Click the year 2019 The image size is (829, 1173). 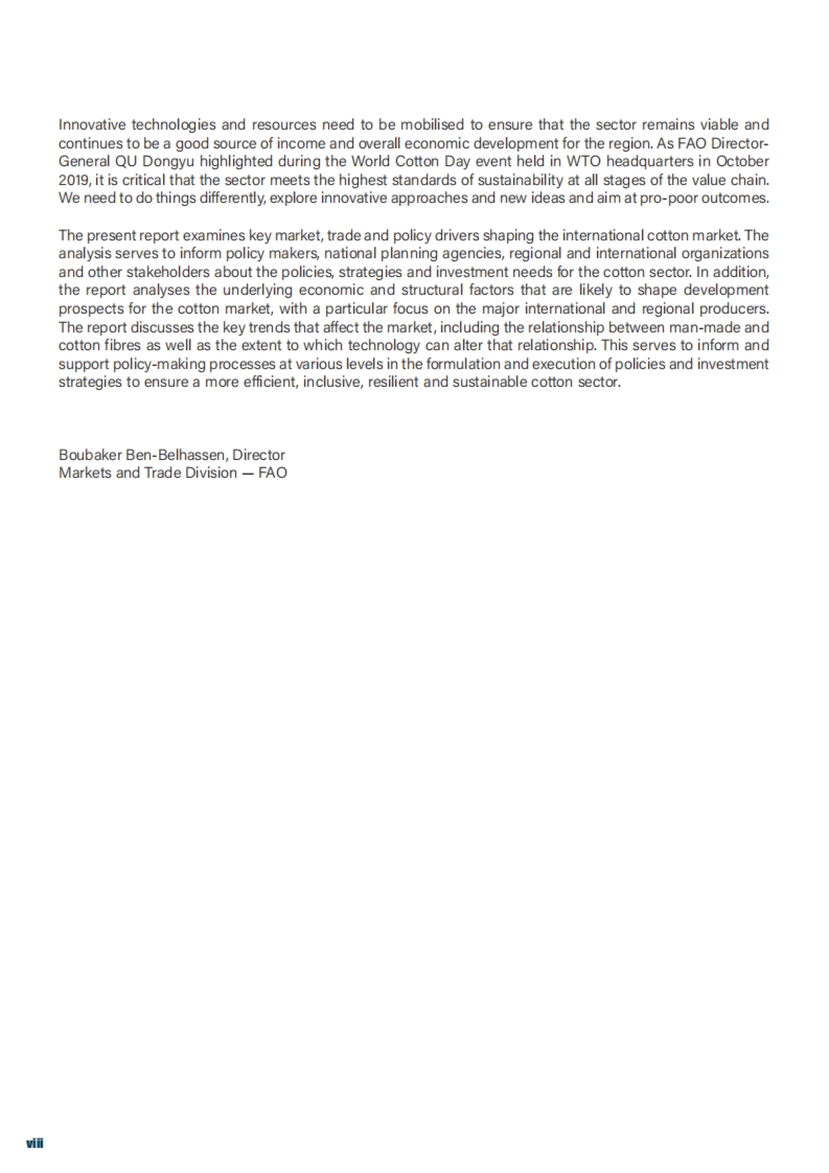point(73,180)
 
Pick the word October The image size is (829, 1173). point(743,162)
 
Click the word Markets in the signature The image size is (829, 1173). point(85,473)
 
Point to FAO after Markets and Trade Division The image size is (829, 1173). point(273,473)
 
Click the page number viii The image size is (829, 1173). point(35,1143)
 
